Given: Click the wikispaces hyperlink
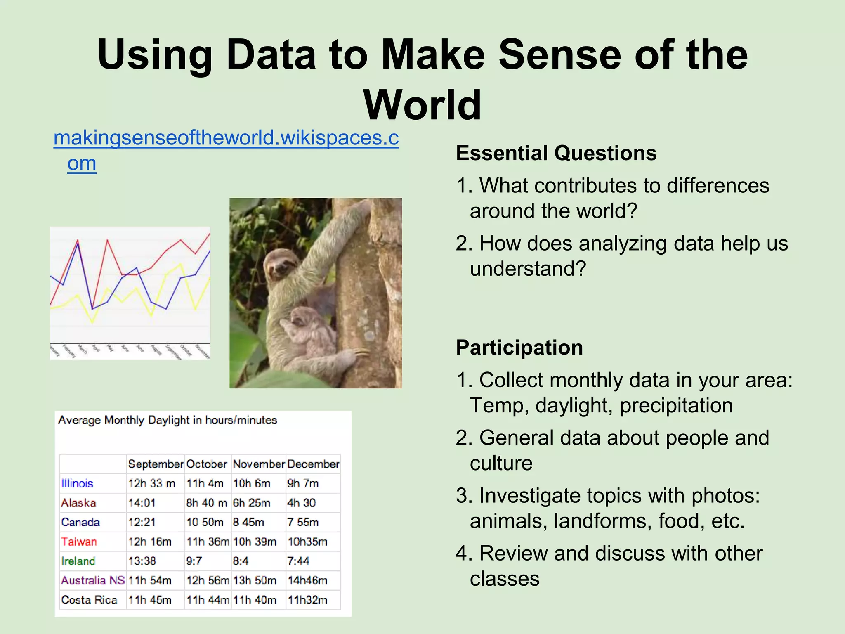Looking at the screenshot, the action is [226, 138].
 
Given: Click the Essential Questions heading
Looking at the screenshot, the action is [556, 153].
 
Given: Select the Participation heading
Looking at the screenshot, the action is [519, 348].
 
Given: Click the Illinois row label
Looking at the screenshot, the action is [77, 483].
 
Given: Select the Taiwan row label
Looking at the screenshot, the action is [79, 542].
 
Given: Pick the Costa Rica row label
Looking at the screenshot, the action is [89, 600].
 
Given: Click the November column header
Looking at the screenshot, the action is [258, 464].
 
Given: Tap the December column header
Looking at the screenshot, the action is [313, 464].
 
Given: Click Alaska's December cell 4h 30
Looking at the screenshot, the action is [301, 503].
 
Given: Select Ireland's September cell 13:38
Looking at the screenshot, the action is [142, 561].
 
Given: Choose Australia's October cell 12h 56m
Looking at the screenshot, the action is [207, 580].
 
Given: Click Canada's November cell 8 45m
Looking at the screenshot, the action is [248, 522].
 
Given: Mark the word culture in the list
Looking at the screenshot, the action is [501, 463].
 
